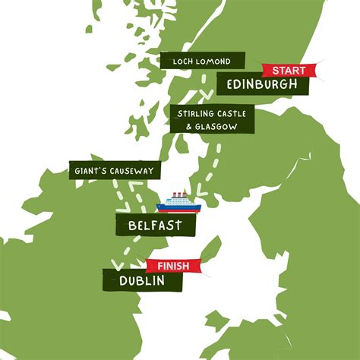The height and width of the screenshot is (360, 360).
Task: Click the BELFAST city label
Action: click(x=156, y=225)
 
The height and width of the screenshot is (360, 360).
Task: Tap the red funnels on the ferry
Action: click(x=179, y=194)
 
